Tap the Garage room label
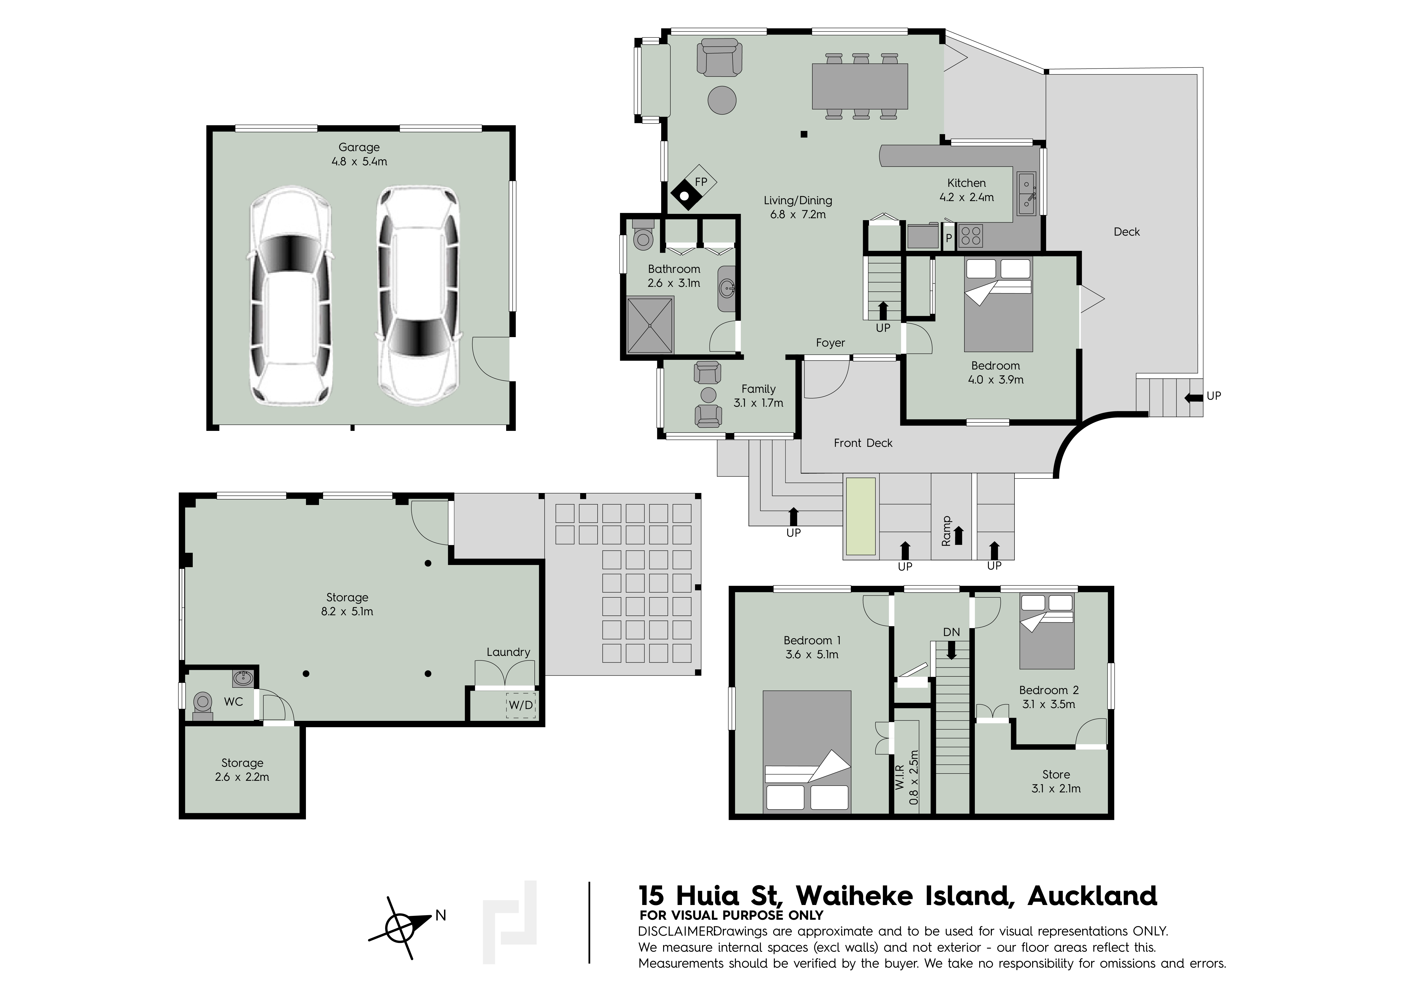(x=359, y=147)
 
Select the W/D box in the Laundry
(x=520, y=705)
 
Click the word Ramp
(x=947, y=531)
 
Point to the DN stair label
(x=952, y=632)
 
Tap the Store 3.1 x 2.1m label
(x=1056, y=781)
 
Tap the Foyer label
(x=830, y=343)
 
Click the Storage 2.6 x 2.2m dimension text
(x=242, y=777)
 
